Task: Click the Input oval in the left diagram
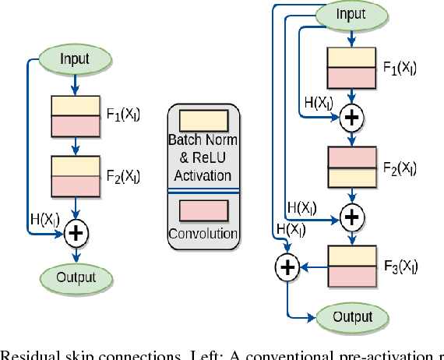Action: point(76,58)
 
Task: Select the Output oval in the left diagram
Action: point(76,277)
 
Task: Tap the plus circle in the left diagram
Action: point(76,231)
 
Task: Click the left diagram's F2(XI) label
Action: point(124,175)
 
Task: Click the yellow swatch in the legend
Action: point(203,121)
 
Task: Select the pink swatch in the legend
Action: point(203,211)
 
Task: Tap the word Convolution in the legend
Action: point(203,234)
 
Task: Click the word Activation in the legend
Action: point(203,175)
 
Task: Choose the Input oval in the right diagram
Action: point(351,14)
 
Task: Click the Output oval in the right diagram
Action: point(352,317)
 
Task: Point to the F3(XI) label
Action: point(400,266)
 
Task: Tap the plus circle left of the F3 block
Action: point(288,266)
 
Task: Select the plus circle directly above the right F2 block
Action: point(353,117)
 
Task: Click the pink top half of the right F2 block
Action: point(353,157)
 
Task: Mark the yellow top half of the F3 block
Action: point(353,256)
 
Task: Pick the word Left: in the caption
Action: point(200,355)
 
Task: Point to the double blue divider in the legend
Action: point(203,191)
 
